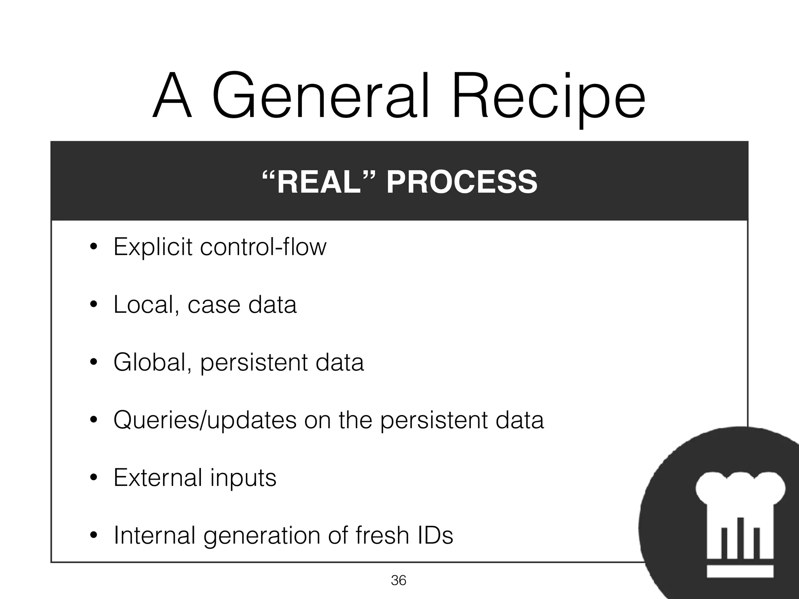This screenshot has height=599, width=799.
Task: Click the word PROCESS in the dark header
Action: click(462, 182)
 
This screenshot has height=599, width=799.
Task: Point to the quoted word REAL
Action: click(318, 182)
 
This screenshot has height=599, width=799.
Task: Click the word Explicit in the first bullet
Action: click(153, 247)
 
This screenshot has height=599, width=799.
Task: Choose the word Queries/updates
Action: click(205, 420)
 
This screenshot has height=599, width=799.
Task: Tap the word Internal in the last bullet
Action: click(154, 535)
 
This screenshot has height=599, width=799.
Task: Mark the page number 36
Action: click(398, 581)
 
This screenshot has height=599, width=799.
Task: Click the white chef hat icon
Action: click(740, 523)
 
